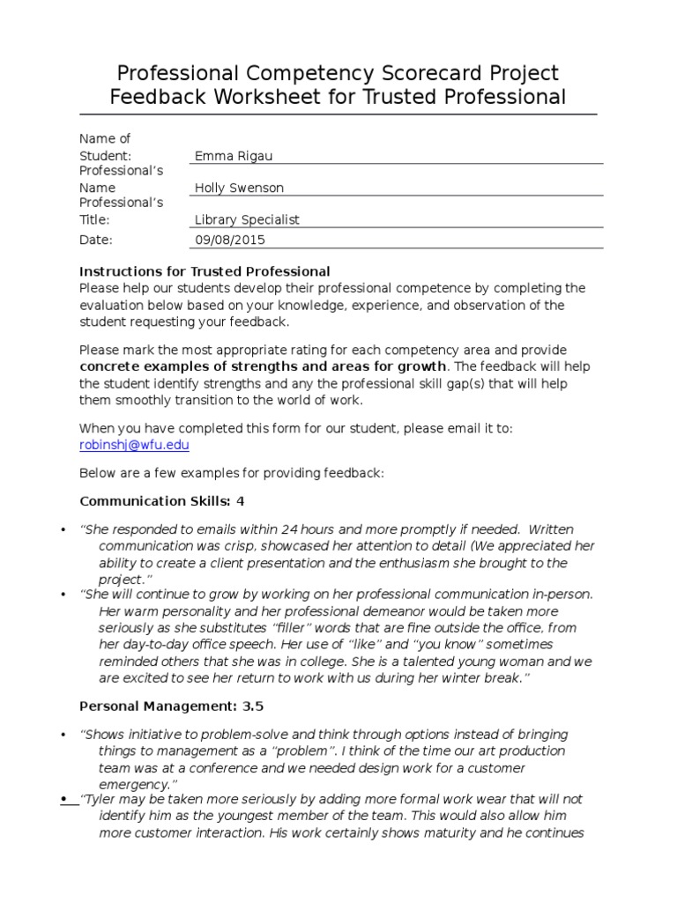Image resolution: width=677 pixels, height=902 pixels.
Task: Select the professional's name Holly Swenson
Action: pyautogui.click(x=239, y=188)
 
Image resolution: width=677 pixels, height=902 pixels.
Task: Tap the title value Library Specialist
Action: pyautogui.click(x=247, y=219)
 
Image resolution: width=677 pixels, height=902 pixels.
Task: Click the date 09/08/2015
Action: pyautogui.click(x=229, y=239)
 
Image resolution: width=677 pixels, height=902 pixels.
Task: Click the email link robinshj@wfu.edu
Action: pyautogui.click(x=134, y=445)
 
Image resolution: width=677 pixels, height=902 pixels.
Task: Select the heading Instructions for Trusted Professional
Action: pyautogui.click(x=205, y=271)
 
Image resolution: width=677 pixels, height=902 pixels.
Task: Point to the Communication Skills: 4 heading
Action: pyautogui.click(x=162, y=501)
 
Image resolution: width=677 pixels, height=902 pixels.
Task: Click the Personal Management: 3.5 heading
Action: pyautogui.click(x=171, y=706)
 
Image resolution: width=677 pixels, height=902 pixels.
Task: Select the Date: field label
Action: pyautogui.click(x=97, y=239)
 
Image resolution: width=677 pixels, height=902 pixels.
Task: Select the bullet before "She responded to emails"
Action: pyautogui.click(x=63, y=530)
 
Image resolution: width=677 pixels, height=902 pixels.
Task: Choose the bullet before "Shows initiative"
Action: pyautogui.click(x=63, y=735)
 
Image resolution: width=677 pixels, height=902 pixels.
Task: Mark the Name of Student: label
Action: pyautogui.click(x=106, y=147)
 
